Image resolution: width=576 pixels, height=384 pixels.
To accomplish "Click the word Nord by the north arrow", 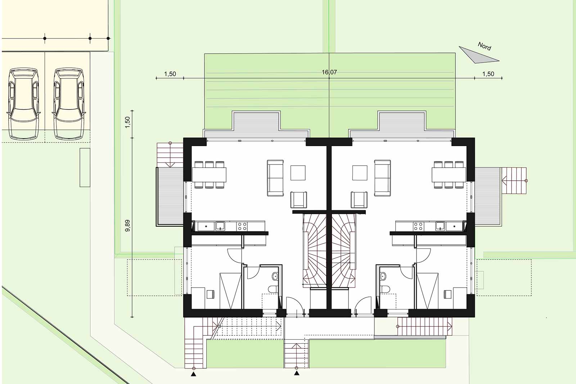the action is [485, 46].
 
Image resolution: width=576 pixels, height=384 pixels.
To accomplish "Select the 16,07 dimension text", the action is [329, 72].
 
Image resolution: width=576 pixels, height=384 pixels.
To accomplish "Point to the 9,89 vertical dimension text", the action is [127, 226].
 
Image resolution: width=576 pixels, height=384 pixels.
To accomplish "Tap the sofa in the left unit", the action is [275, 178].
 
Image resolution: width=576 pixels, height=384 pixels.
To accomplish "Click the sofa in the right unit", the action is [382, 178].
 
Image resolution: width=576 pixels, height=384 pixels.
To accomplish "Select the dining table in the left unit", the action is [209, 175].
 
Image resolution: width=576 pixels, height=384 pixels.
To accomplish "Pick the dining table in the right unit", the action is [449, 175].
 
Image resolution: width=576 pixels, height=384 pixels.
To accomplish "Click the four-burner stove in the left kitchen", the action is [242, 226].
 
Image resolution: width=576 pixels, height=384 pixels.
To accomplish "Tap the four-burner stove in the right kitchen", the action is [418, 226].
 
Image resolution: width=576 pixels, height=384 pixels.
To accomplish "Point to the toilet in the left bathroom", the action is [273, 289].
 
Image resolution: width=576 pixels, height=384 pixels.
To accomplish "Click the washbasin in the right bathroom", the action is [383, 276].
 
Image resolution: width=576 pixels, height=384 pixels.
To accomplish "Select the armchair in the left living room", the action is [298, 200].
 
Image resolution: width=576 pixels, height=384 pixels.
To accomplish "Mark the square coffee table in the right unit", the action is [360, 173].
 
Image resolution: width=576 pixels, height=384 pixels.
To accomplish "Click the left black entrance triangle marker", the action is [193, 374].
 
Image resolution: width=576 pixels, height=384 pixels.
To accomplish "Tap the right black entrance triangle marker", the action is [297, 373].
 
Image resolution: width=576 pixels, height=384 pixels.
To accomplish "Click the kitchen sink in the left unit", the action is [220, 226].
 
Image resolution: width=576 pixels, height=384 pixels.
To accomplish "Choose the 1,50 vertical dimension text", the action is [127, 122].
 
